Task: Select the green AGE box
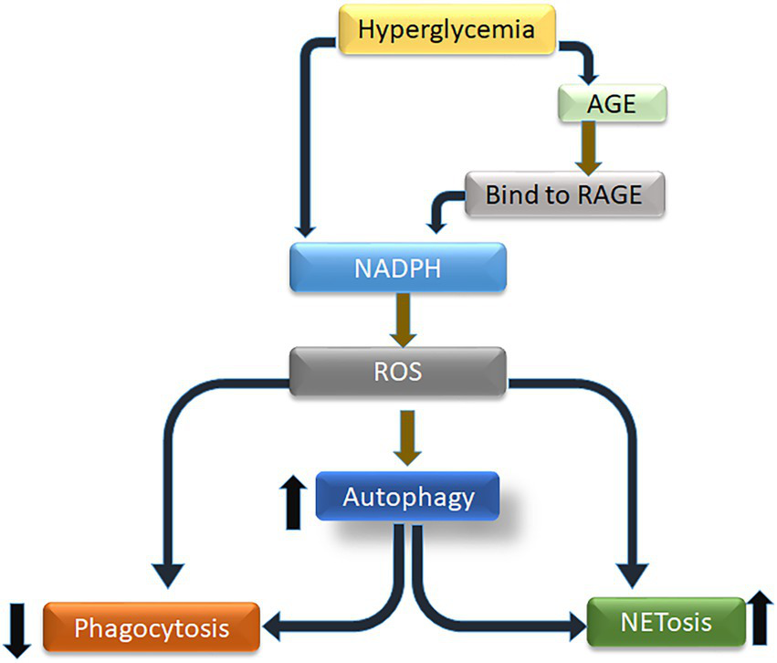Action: (x=611, y=104)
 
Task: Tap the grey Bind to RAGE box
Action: (x=562, y=194)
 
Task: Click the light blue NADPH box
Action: (x=397, y=268)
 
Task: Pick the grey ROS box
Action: (x=397, y=372)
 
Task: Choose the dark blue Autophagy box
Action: (x=408, y=497)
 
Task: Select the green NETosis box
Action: (x=666, y=623)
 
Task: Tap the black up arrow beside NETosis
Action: (x=761, y=618)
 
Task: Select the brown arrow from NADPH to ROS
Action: (x=398, y=317)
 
